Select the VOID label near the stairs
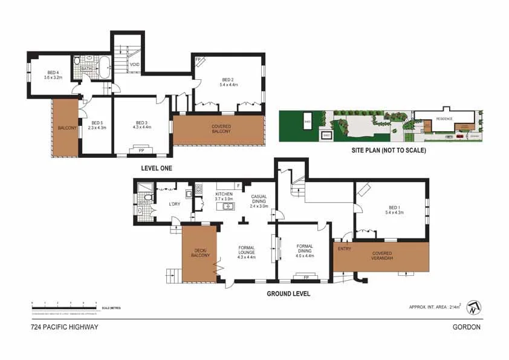134,64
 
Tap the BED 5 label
97,125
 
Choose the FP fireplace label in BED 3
141,149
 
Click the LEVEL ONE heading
157,168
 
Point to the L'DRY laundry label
175,204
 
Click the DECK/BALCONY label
200,252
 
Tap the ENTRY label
344,248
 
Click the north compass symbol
475,307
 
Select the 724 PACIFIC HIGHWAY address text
64,327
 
